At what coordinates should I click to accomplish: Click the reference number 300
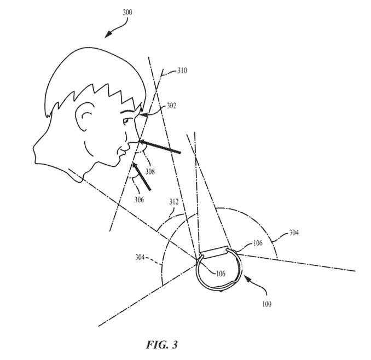(127, 12)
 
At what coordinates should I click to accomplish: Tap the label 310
(182, 71)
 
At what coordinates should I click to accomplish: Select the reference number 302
(171, 106)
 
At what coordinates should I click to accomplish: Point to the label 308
(150, 171)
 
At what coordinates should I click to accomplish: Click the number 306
(139, 200)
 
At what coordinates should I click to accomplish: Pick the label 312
(174, 202)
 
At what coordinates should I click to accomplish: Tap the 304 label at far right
(294, 233)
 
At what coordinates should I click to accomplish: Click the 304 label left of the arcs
(140, 257)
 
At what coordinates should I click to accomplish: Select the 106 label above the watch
(258, 243)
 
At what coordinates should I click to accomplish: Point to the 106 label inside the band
(221, 274)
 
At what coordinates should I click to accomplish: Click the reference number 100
(266, 304)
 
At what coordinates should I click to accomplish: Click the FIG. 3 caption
(162, 345)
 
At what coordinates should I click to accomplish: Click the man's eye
(126, 121)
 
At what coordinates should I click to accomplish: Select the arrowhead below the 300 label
(108, 34)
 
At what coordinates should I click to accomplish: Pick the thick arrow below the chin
(141, 176)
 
